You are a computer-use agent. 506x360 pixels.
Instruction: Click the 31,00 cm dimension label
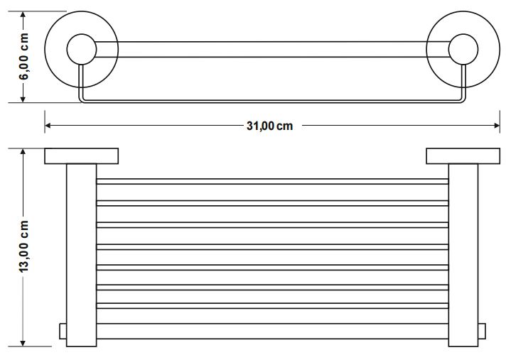pyautogui.click(x=269, y=126)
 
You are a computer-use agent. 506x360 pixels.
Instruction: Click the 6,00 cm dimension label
pyautogui.click(x=24, y=57)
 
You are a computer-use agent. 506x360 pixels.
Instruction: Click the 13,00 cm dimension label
pyautogui.click(x=24, y=246)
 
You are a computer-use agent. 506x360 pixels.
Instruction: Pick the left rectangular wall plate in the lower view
pyautogui.click(x=81, y=156)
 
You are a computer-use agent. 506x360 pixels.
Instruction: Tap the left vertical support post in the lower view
pyautogui.click(x=81, y=256)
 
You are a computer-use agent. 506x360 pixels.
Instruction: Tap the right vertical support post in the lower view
pyautogui.click(x=463, y=256)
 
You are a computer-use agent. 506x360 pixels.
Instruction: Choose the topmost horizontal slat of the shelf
pyautogui.click(x=272, y=182)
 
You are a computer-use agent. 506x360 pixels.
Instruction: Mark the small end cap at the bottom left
pyautogui.click(x=63, y=333)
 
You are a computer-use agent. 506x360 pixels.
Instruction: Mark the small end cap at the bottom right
pyautogui.click(x=481, y=333)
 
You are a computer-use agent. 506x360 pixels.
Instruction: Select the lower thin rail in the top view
pyautogui.click(x=272, y=101)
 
